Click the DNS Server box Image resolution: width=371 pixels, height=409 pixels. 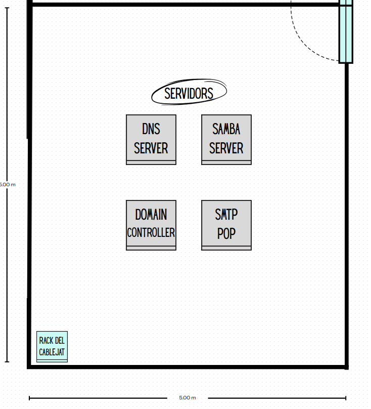click(x=151, y=139)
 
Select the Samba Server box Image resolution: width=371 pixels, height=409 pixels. click(x=226, y=139)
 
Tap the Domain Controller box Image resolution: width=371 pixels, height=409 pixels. click(x=151, y=225)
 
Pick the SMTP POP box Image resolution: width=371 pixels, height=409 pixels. click(x=226, y=225)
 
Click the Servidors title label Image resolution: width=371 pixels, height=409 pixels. click(x=189, y=93)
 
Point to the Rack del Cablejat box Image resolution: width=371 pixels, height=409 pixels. click(x=52, y=347)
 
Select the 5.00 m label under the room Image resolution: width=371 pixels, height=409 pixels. click(x=187, y=398)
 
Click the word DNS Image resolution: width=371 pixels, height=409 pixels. click(x=151, y=129)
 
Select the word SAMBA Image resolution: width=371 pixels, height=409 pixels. click(x=226, y=129)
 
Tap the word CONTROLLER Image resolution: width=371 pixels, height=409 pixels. click(x=151, y=233)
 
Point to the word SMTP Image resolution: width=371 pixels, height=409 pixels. click(x=226, y=215)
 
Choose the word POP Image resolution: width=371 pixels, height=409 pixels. click(x=226, y=234)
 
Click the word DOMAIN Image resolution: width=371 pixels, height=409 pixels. click(x=151, y=215)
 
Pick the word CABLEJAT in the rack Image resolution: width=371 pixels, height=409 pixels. click(x=52, y=352)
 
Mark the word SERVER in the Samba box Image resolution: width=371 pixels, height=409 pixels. click(x=226, y=148)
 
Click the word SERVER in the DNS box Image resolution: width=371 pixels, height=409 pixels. click(x=151, y=148)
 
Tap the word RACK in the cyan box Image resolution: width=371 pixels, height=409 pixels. click(x=45, y=341)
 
